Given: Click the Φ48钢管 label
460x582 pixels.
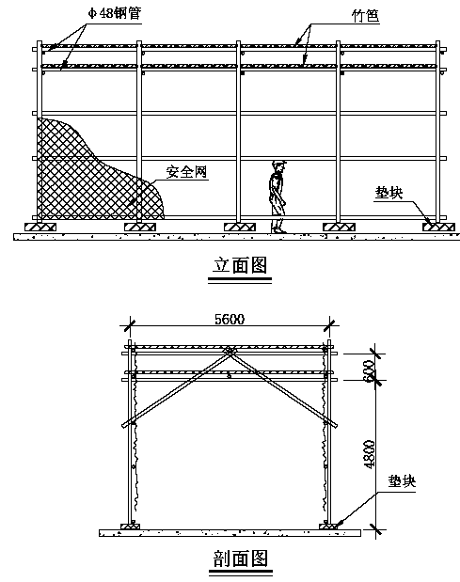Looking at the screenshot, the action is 115,14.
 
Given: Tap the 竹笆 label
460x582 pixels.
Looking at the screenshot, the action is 366,16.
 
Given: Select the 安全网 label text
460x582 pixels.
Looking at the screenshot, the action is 186,172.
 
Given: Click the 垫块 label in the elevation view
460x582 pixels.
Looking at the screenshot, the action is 389,193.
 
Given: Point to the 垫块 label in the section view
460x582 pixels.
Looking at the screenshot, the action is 402,481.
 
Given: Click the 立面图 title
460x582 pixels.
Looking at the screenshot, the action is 240,265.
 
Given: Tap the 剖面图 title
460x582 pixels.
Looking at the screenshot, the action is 241,558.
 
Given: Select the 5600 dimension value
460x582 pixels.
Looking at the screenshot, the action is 230,320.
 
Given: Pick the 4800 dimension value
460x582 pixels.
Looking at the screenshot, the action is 370,455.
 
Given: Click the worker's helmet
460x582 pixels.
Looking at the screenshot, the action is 278,163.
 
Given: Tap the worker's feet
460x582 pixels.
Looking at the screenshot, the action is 278,230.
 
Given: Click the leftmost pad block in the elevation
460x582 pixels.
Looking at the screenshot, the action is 40,227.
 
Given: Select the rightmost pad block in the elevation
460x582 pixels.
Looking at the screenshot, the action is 438,227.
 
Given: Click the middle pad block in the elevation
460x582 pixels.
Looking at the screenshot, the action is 240,227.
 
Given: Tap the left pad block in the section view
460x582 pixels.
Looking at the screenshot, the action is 131,527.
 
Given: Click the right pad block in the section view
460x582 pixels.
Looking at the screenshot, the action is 329,527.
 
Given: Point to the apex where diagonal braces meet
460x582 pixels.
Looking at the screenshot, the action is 230,351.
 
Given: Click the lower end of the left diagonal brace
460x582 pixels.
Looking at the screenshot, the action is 124,425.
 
